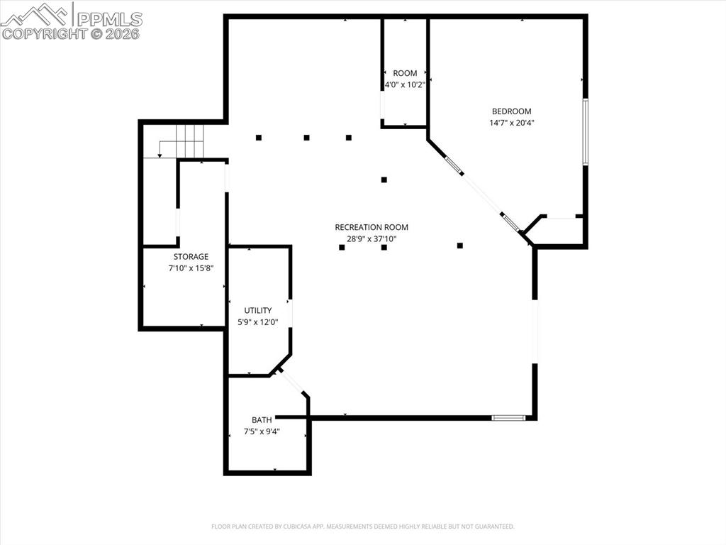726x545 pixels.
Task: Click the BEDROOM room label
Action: (x=511, y=111)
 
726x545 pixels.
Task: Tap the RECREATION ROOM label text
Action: (x=372, y=227)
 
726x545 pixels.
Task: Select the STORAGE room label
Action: (x=191, y=257)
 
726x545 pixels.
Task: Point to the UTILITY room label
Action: (x=258, y=311)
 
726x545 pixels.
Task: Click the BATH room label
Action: (x=262, y=420)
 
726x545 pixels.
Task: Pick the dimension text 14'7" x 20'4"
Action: (x=511, y=123)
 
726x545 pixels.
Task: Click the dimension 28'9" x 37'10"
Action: (x=372, y=238)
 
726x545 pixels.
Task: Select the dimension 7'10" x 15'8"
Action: (x=191, y=268)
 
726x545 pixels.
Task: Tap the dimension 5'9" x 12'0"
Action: (x=258, y=322)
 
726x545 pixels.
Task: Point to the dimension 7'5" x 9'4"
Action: (x=262, y=431)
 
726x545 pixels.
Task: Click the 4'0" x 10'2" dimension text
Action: (x=404, y=84)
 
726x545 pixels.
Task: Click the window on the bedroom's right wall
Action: (x=585, y=132)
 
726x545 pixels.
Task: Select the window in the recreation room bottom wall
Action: (x=508, y=417)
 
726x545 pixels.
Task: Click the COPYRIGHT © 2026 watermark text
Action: (x=71, y=33)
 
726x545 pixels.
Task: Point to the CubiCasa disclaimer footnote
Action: (x=362, y=527)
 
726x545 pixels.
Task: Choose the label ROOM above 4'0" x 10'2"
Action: (x=405, y=73)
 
